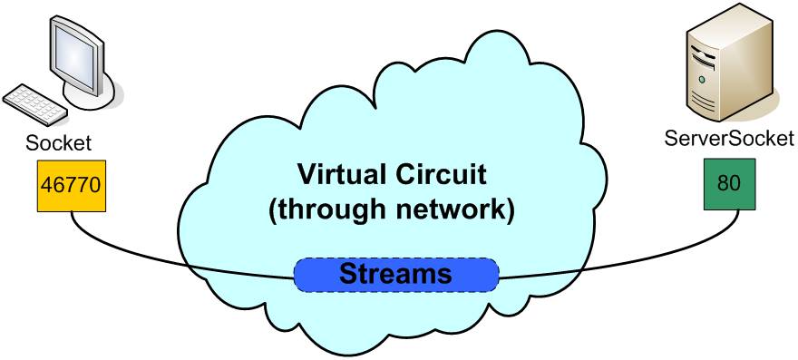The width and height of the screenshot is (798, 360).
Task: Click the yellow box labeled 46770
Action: [x=72, y=186]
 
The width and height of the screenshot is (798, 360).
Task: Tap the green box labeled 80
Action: [x=729, y=184]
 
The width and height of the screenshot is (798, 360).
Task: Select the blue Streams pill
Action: [x=396, y=275]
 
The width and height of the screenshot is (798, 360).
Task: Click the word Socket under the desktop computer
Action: [x=59, y=143]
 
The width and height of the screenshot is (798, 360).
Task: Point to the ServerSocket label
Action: [x=729, y=139]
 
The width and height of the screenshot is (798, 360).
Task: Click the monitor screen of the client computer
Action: [x=75, y=57]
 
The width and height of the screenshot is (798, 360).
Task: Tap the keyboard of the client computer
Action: [x=34, y=104]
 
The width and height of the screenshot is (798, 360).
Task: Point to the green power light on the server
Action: [x=702, y=80]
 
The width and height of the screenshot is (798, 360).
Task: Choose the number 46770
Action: [x=72, y=185]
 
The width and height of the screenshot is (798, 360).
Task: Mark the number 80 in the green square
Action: [x=729, y=184]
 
